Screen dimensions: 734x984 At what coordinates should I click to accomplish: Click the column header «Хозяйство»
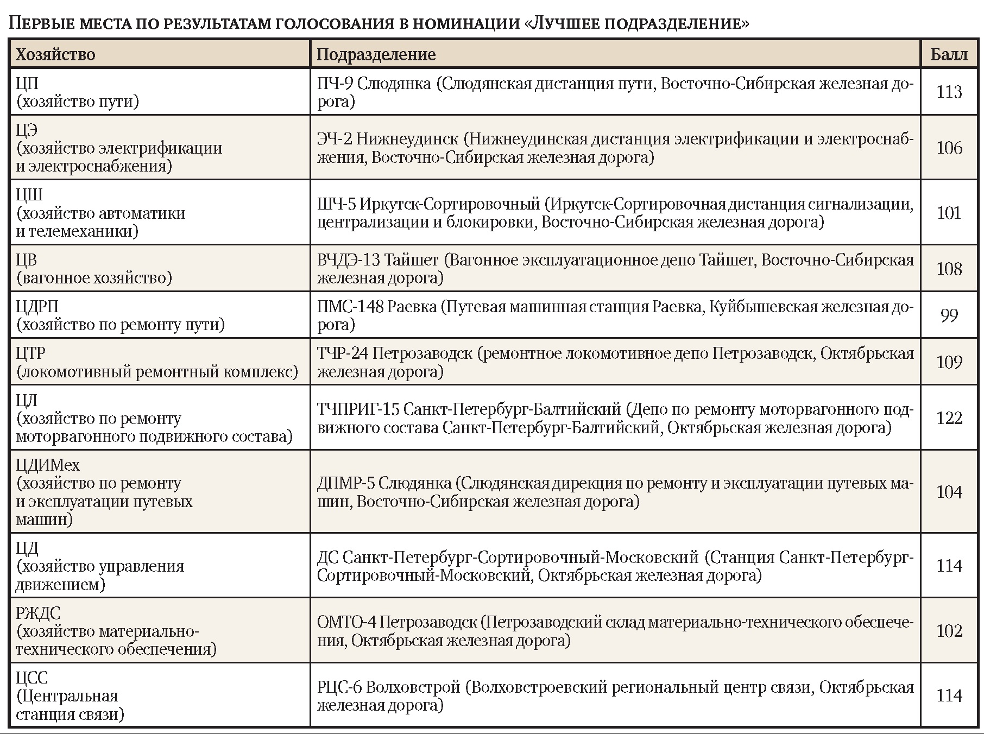tap(55, 54)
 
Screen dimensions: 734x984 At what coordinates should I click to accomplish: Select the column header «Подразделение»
tap(376, 54)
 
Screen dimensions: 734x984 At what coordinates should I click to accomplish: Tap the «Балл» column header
tap(949, 54)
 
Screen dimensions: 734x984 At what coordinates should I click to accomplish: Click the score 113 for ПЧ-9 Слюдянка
tap(949, 92)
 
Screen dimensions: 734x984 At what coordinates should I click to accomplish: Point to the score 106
tap(949, 148)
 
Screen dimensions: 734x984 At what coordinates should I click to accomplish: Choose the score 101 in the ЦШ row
tap(949, 212)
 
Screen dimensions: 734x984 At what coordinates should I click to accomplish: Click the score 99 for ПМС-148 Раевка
tap(949, 315)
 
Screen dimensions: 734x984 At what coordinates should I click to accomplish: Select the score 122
tap(949, 418)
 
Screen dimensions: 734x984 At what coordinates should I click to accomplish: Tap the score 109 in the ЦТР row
tap(949, 362)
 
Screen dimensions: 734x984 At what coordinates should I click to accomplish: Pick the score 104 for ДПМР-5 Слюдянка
tap(949, 492)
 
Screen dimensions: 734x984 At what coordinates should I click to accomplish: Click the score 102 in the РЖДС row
tap(949, 631)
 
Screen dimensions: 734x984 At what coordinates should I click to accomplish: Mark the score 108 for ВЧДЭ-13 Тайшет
tap(949, 269)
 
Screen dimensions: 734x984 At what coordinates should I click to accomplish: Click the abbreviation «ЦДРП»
tap(37, 307)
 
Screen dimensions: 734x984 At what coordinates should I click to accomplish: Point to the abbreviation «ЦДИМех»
tap(48, 465)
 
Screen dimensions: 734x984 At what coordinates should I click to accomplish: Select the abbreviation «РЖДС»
tap(38, 613)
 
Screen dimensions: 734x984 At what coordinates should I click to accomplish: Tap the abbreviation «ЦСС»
tap(32, 678)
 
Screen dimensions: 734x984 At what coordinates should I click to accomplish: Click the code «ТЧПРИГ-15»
tap(358, 409)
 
